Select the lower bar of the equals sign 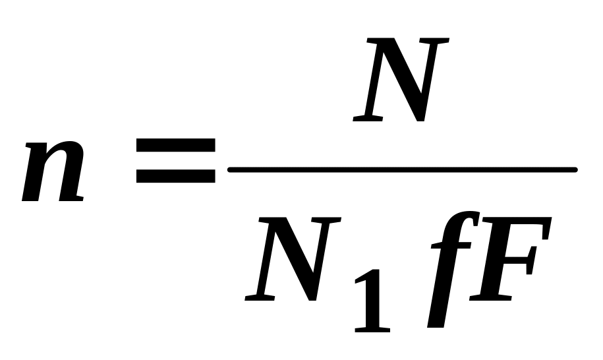175,176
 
